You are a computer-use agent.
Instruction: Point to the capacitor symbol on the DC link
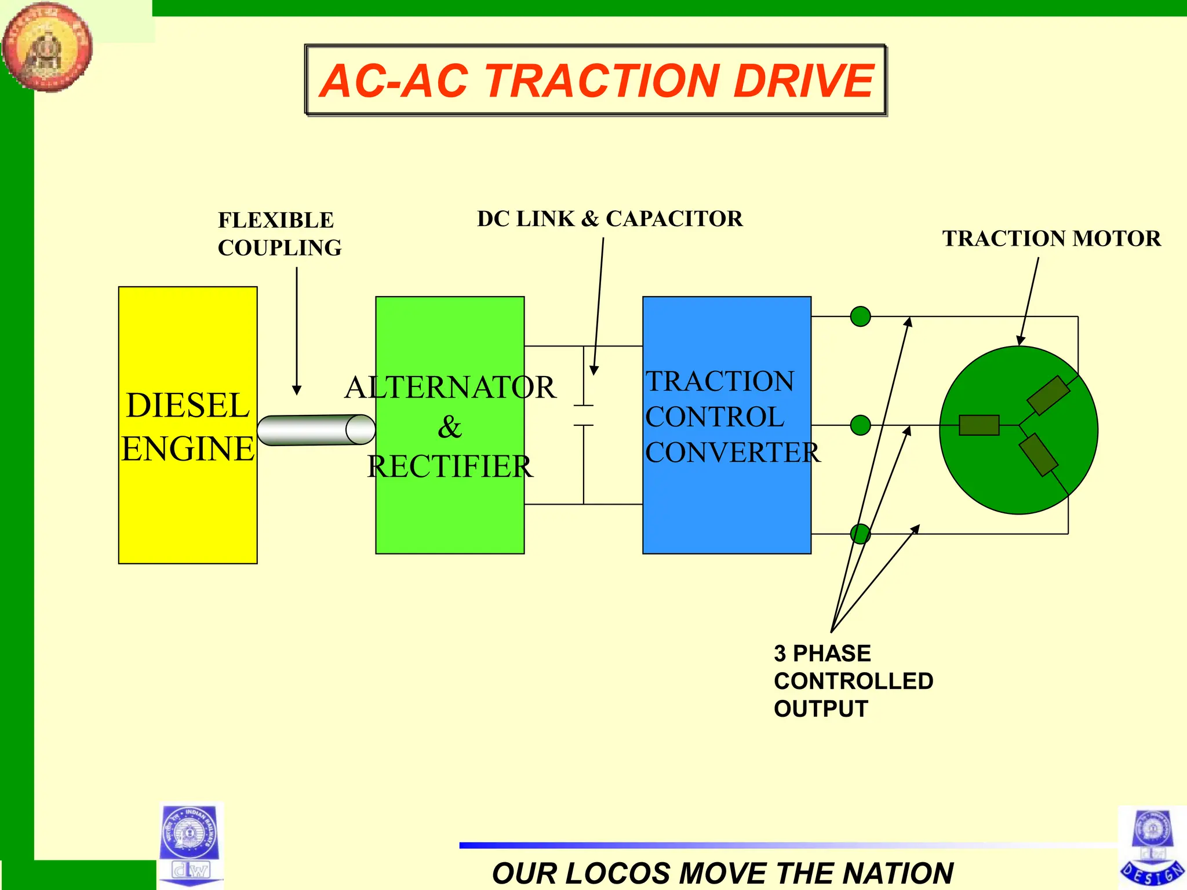point(584,415)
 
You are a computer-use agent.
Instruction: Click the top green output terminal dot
point(860,316)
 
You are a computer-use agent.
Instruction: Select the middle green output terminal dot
point(860,425)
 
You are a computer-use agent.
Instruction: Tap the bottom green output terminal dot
point(860,534)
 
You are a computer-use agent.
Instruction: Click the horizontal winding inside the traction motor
point(979,425)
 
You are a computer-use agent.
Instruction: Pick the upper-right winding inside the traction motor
point(1048,396)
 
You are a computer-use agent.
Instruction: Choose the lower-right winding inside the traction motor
point(1039,455)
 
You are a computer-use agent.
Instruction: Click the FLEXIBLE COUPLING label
point(279,234)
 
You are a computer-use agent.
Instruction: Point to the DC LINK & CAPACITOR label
point(610,219)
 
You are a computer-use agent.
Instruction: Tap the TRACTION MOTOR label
point(1051,239)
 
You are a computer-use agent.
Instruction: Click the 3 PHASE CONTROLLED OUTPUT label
point(853,681)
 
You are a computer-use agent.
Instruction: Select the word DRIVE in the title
point(803,81)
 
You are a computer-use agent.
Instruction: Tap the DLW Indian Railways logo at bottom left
point(190,844)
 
